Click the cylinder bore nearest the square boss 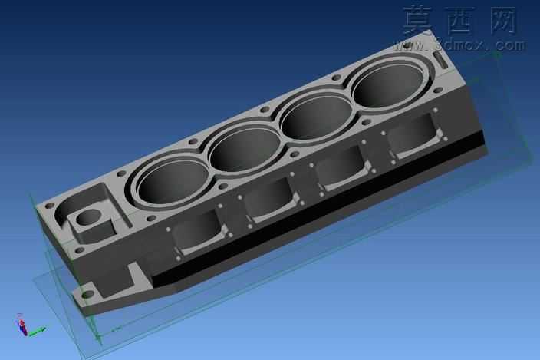click(172, 181)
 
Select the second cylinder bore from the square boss click(245, 150)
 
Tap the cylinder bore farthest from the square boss click(388, 86)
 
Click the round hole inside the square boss click(88, 217)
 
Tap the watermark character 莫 click(418, 21)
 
